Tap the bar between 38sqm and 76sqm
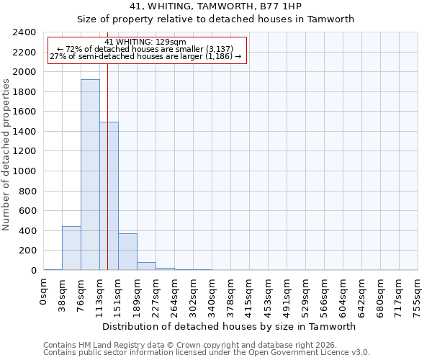[x=71, y=248]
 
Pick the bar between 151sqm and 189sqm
[x=127, y=252]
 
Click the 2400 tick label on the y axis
[x=24, y=33]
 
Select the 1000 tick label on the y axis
[x=24, y=171]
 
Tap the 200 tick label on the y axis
[x=27, y=251]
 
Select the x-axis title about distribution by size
[x=230, y=326]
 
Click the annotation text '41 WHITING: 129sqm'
[x=145, y=42]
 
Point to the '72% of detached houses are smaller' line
[x=145, y=49]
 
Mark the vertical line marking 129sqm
[x=107, y=158]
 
